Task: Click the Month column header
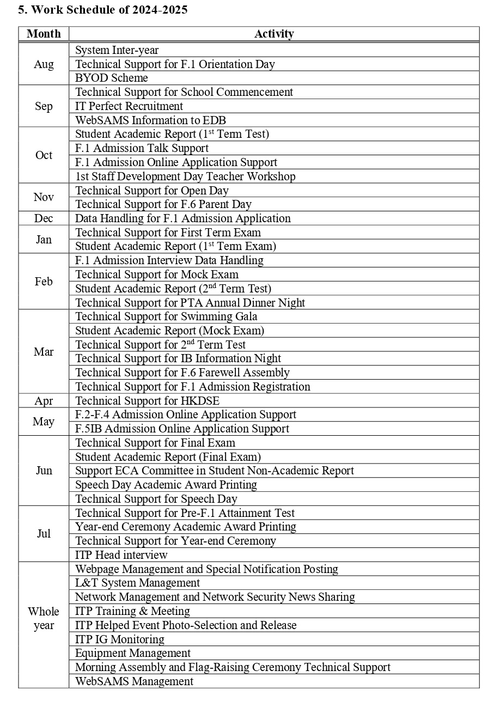click(x=44, y=34)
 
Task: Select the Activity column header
click(x=274, y=34)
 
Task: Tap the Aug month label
click(x=44, y=64)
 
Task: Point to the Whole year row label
click(x=44, y=618)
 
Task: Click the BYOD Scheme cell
click(x=112, y=78)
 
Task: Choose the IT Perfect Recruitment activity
click(x=129, y=106)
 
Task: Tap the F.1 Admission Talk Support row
click(x=142, y=148)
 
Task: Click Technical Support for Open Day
click(x=152, y=191)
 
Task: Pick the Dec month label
click(x=44, y=218)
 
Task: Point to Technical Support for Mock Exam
click(x=157, y=275)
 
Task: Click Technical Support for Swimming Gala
click(x=166, y=316)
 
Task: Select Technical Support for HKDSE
click(x=147, y=401)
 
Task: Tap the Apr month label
click(x=44, y=401)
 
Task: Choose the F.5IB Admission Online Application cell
click(x=182, y=429)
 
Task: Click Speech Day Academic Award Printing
click(x=166, y=485)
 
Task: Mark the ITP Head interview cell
click(x=121, y=555)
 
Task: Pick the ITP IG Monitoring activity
click(x=120, y=639)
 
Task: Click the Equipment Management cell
click(x=133, y=653)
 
